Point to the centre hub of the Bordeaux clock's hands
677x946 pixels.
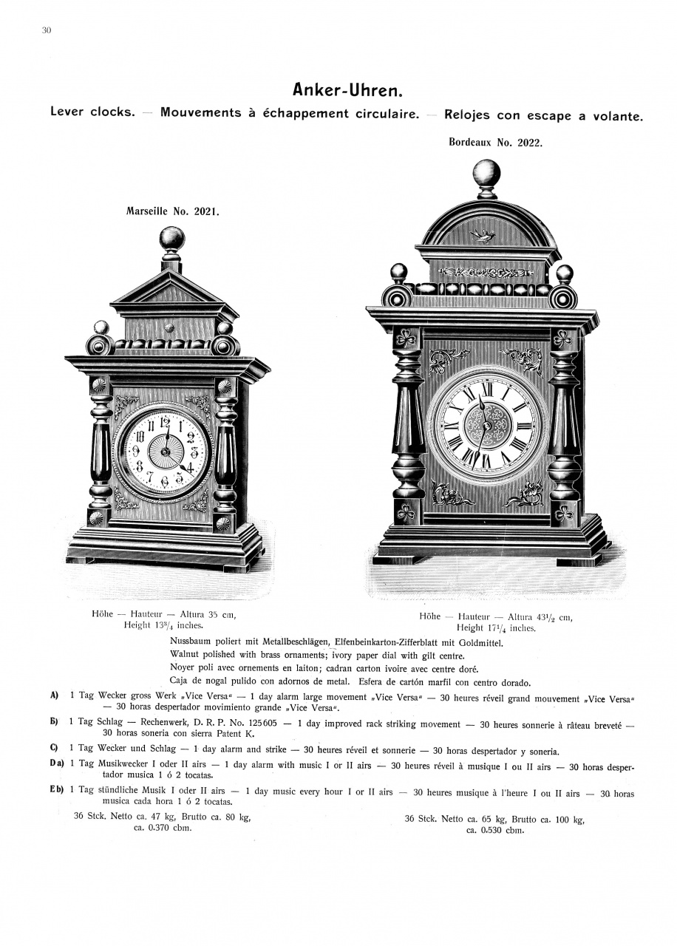[486, 425]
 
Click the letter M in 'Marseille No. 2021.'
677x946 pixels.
[130, 211]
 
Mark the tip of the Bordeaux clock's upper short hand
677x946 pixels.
[482, 403]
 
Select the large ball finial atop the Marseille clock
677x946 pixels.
[172, 239]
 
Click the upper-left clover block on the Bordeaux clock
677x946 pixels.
[407, 338]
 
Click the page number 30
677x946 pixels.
[47, 30]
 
